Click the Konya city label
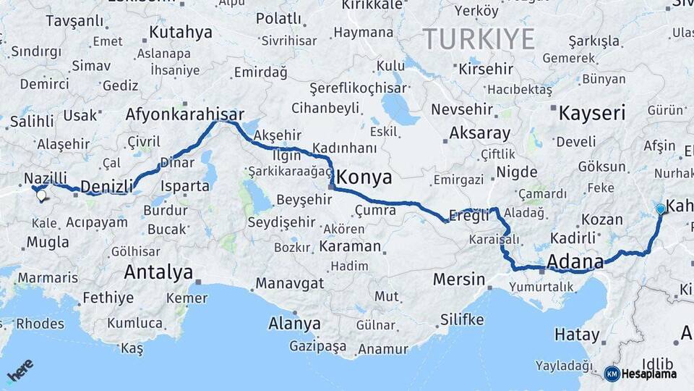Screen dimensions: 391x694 (x=365, y=177)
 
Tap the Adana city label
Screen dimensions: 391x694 (x=575, y=261)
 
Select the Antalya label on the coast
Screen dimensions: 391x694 (x=158, y=272)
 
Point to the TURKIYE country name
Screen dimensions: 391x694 (x=479, y=38)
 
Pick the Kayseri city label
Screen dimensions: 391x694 (x=592, y=112)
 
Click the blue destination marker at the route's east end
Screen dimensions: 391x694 (x=660, y=209)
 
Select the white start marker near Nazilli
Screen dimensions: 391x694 (x=40, y=194)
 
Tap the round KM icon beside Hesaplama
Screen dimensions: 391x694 (x=612, y=374)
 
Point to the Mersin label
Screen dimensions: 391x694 (x=458, y=279)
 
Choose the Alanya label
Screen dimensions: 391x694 (x=294, y=323)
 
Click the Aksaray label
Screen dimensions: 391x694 (x=479, y=133)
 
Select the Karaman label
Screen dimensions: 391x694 (x=349, y=246)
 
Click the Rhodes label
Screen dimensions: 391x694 (x=40, y=324)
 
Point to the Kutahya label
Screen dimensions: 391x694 (x=181, y=32)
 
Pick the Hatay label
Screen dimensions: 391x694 (x=577, y=335)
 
